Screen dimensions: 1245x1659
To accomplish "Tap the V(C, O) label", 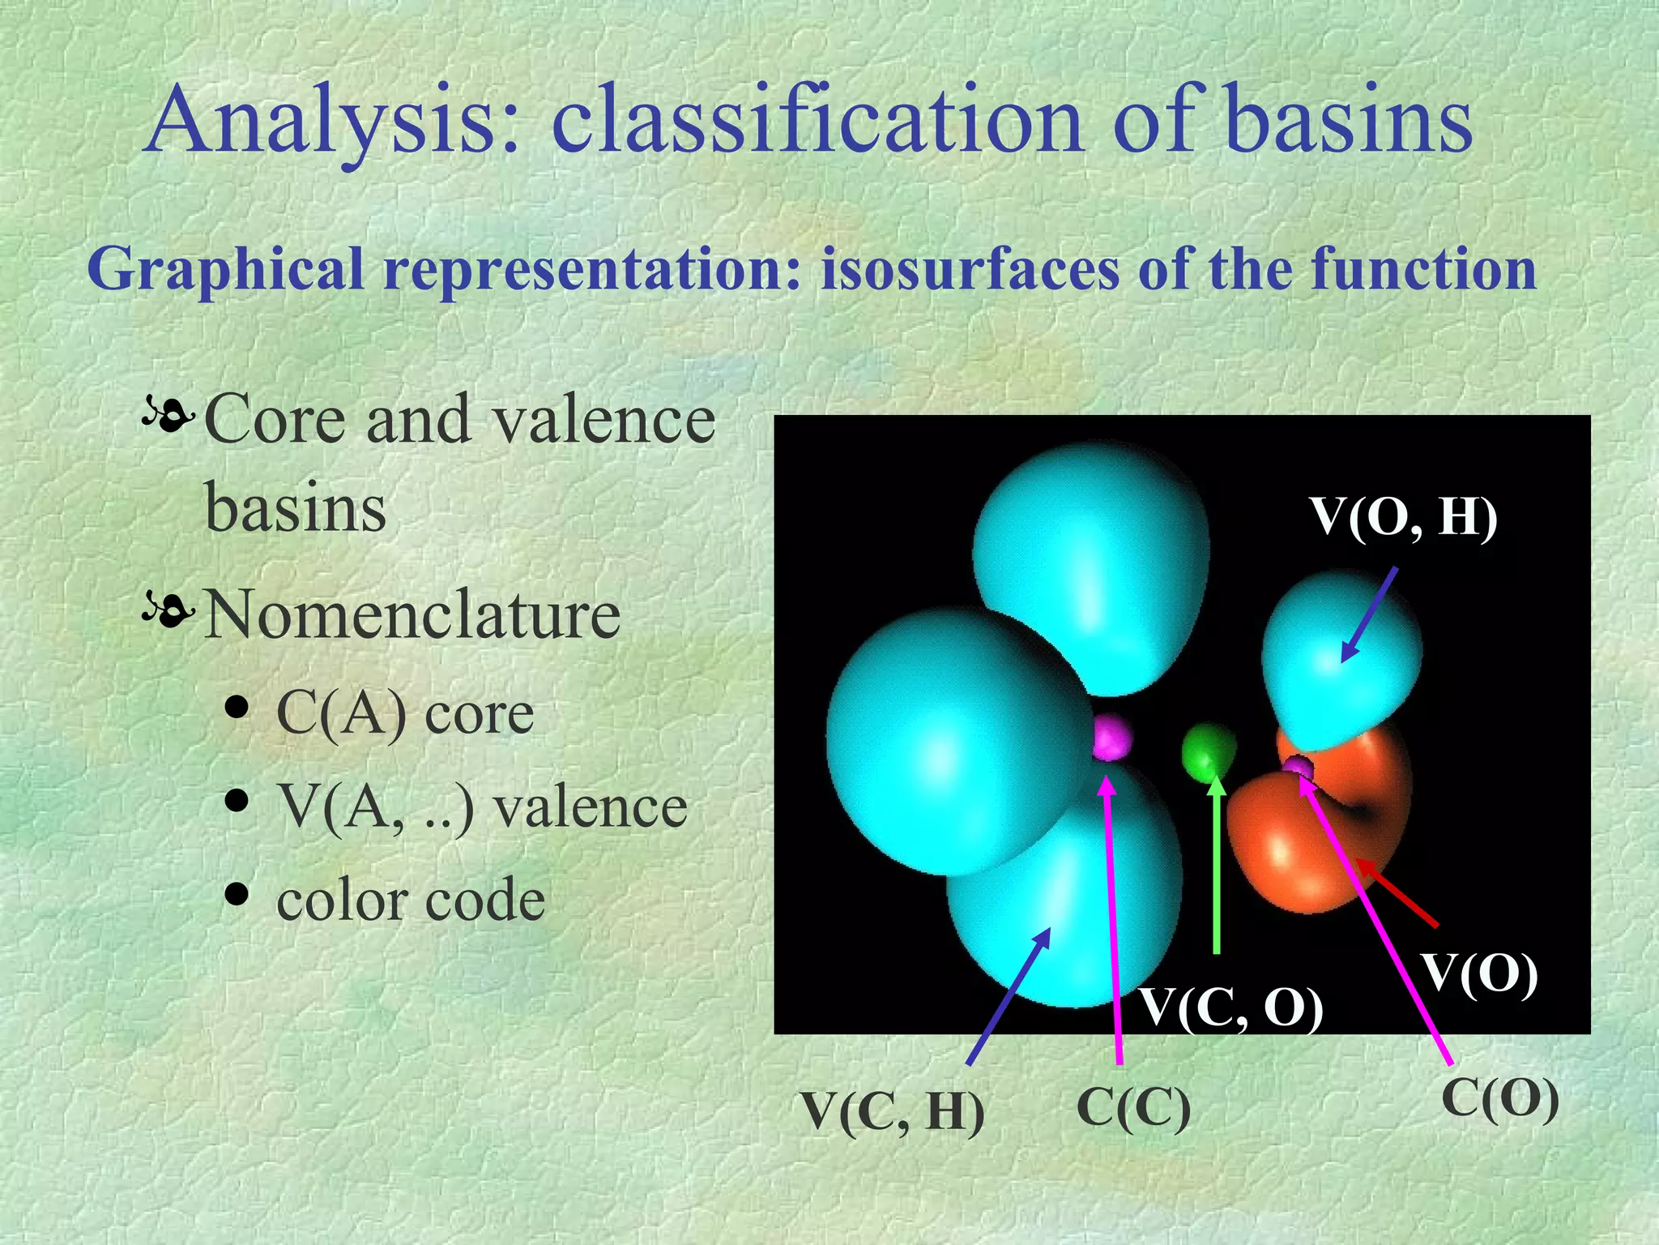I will click(x=1231, y=1008).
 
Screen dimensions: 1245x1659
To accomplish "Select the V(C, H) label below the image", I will click(x=893, y=1111).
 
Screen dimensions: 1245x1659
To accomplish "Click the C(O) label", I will click(x=1500, y=1100).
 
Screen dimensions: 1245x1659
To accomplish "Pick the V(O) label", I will click(x=1480, y=973).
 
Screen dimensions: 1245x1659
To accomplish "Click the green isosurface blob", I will click(x=1207, y=751).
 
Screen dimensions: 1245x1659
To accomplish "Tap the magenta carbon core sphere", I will click(x=1111, y=737).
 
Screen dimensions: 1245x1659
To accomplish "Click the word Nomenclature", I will click(x=412, y=614).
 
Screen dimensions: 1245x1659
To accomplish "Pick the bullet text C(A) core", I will click(x=405, y=713).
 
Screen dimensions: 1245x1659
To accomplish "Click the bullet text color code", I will click(x=411, y=901).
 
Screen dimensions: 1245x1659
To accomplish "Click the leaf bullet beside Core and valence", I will click(x=168, y=417).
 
